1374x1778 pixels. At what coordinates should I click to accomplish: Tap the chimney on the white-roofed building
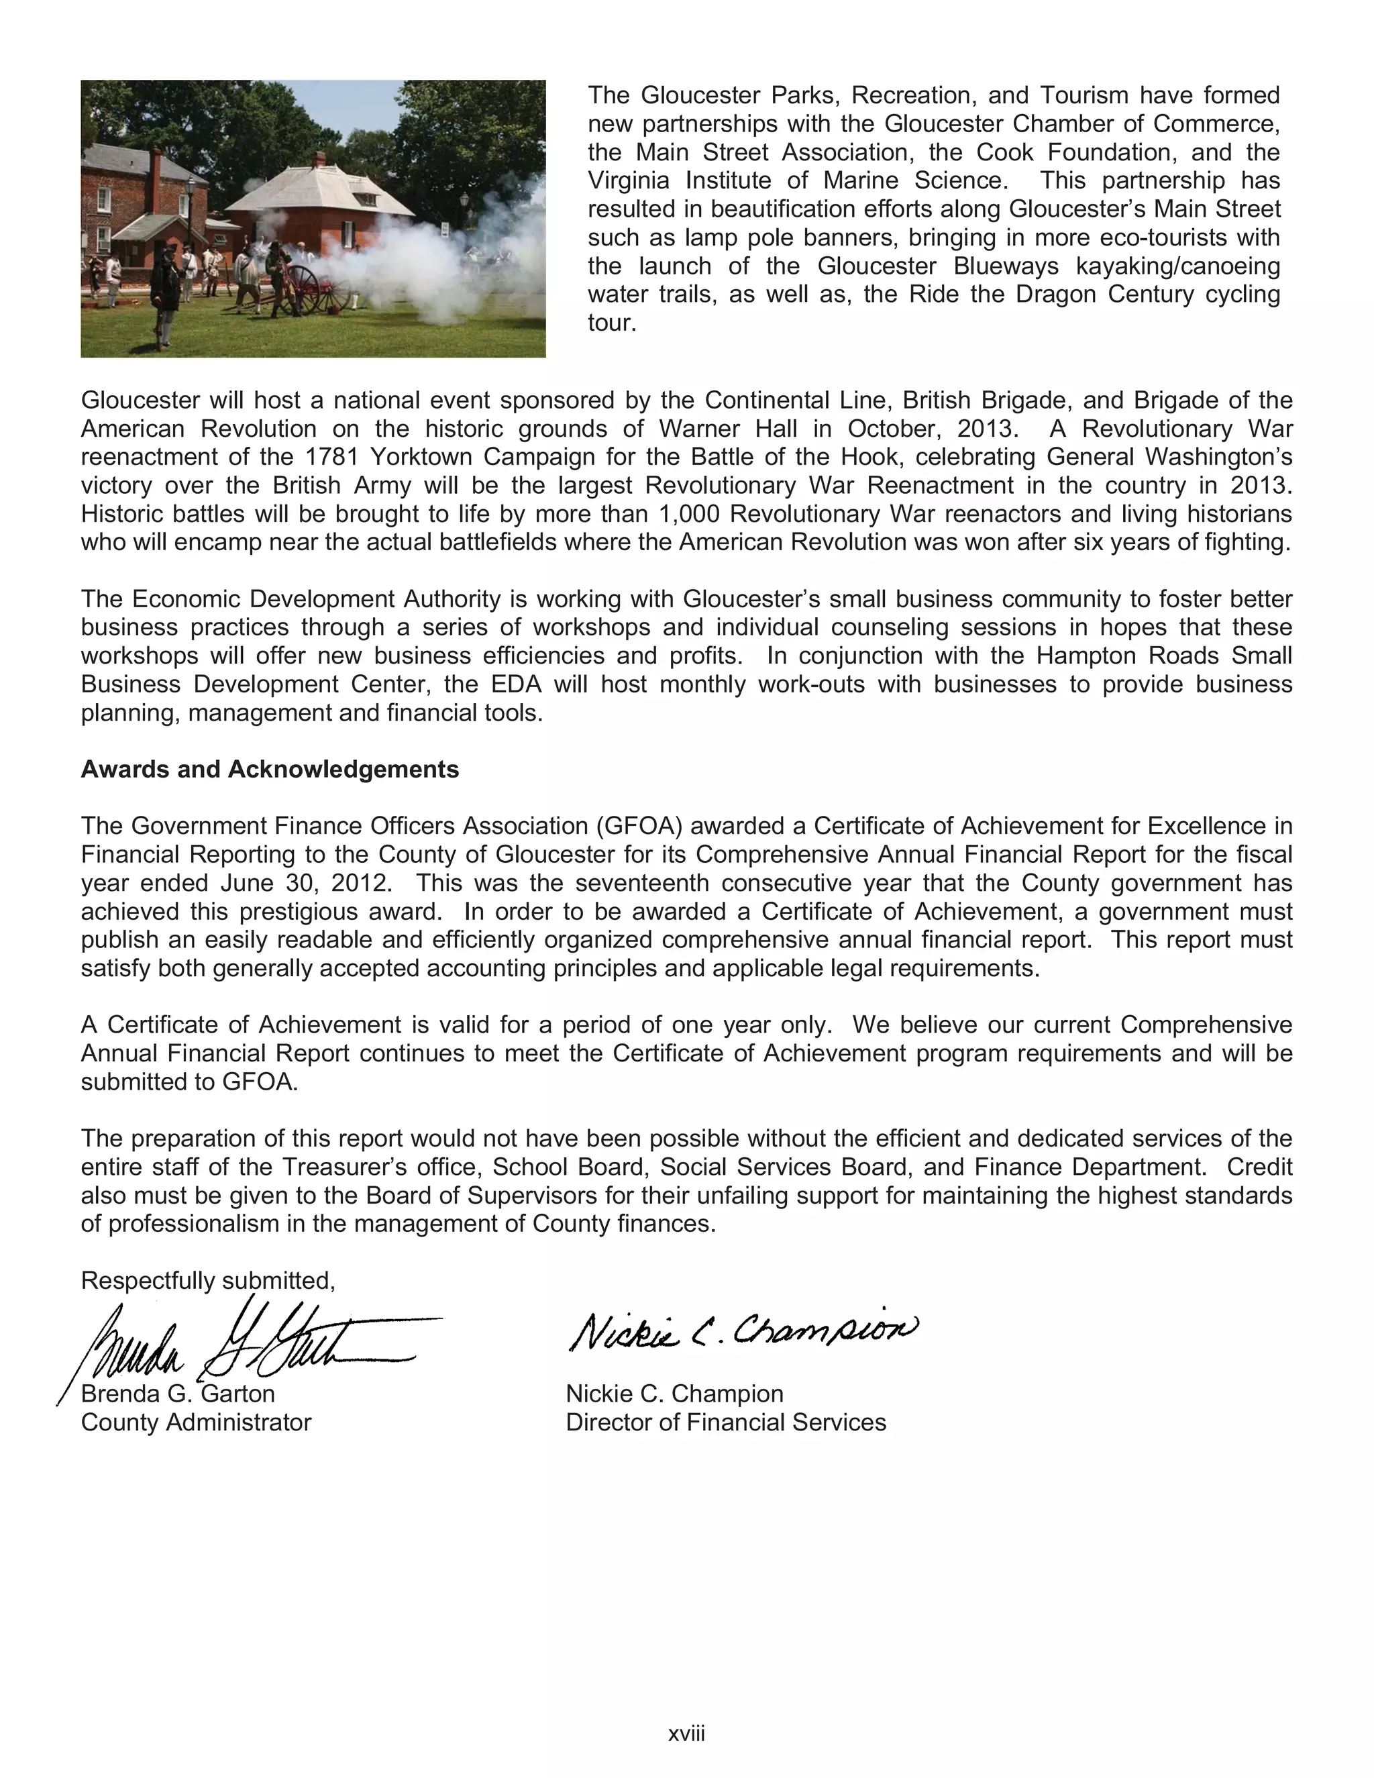point(320,159)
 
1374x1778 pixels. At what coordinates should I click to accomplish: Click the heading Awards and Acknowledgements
point(270,770)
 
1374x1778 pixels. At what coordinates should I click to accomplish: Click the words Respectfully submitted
point(207,1281)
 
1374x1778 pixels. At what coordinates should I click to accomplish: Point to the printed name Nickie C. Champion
point(674,1394)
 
